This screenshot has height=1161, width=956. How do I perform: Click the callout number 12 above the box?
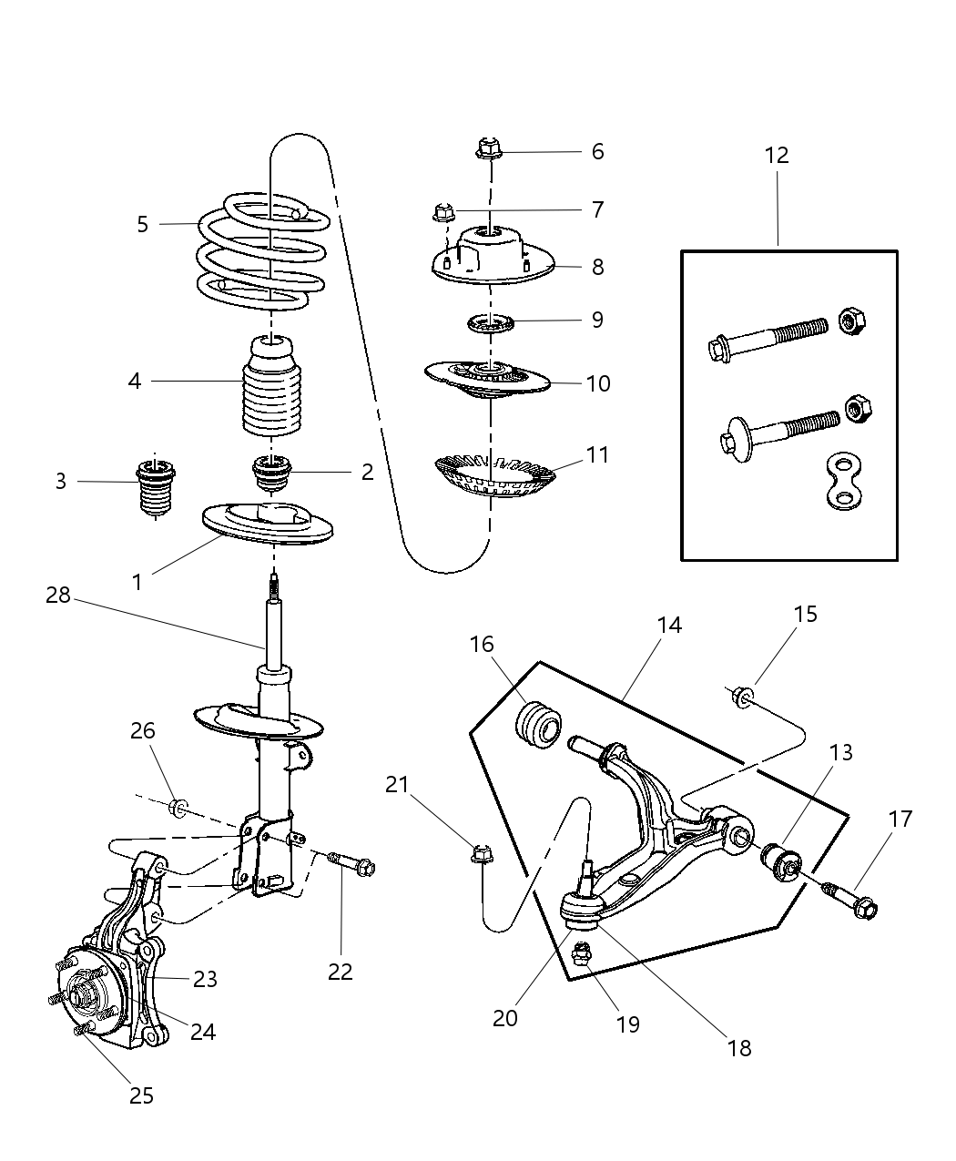[x=776, y=156]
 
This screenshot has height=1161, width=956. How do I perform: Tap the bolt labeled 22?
[x=353, y=864]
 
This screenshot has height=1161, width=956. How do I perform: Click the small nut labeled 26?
[x=179, y=806]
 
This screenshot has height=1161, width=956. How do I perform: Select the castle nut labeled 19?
[x=581, y=956]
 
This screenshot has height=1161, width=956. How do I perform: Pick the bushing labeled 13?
[x=781, y=859]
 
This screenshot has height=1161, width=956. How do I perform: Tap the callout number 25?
[x=141, y=1095]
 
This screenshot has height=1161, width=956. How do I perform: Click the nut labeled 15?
[x=741, y=697]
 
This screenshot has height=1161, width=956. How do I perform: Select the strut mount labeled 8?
[x=491, y=257]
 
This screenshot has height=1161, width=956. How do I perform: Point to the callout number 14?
[x=668, y=626]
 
